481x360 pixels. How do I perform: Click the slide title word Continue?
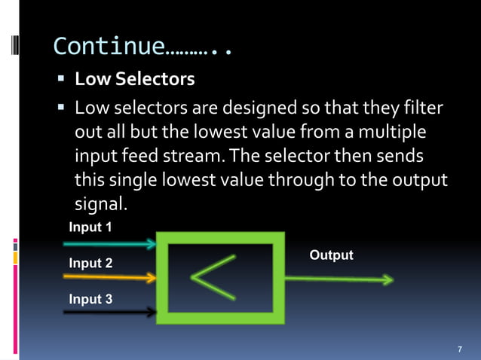pos(109,47)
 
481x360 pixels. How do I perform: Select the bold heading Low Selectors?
pos(134,79)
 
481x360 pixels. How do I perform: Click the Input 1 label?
pos(90,227)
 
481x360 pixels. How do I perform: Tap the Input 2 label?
pos(90,264)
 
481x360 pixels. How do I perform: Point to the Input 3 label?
pos(90,300)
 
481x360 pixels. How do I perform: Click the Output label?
pos(331,255)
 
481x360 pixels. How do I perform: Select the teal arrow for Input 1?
pos(109,244)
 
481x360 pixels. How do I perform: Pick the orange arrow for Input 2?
pos(109,278)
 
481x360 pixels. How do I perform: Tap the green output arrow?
pos(339,279)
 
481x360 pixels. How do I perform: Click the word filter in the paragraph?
pos(423,110)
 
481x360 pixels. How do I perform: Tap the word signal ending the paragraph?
pos(98,204)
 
